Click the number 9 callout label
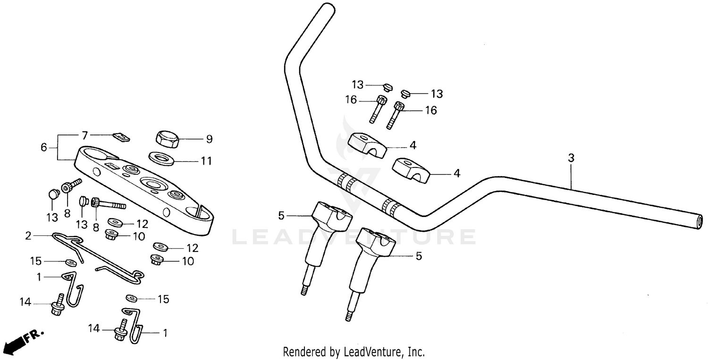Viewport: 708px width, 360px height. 209,139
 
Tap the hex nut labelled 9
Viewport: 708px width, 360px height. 167,139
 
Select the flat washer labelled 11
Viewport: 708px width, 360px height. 161,158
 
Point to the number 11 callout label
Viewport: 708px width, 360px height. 206,161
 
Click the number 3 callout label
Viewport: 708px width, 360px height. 571,159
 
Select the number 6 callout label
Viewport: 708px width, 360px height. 44,148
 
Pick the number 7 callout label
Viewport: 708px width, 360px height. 85,136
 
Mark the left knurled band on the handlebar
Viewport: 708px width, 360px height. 347,182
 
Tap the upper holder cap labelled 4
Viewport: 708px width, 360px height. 367,144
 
